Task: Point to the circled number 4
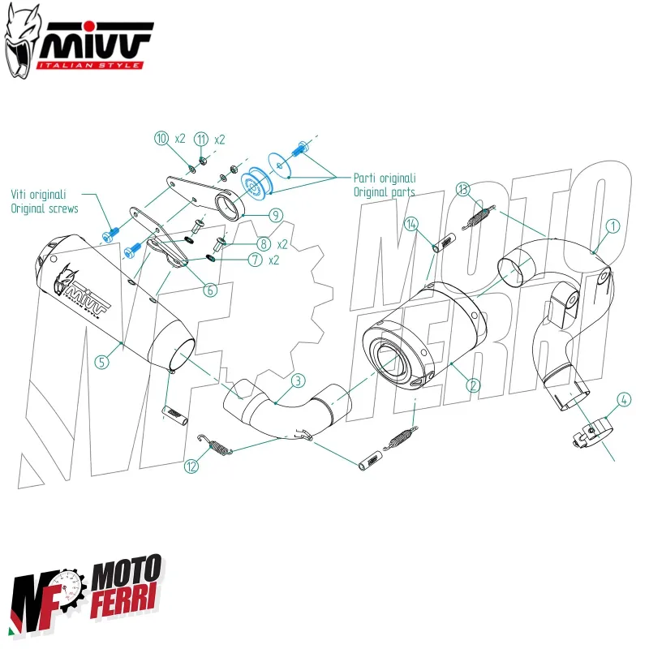[623, 399]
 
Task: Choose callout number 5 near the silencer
[101, 362]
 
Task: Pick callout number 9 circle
[276, 215]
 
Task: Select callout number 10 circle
[161, 138]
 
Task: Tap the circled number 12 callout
[191, 466]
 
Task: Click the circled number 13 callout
[462, 190]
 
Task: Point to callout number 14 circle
[412, 224]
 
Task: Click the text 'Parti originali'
[385, 178]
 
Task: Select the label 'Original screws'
[45, 208]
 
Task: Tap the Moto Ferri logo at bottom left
[87, 595]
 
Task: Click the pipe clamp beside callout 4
[590, 429]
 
